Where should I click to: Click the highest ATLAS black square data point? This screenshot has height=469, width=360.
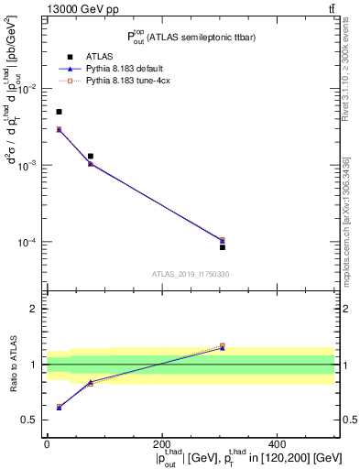[60, 112]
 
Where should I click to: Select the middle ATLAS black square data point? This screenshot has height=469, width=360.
[90, 157]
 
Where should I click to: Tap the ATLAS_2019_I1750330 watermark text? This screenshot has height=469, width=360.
[191, 274]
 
